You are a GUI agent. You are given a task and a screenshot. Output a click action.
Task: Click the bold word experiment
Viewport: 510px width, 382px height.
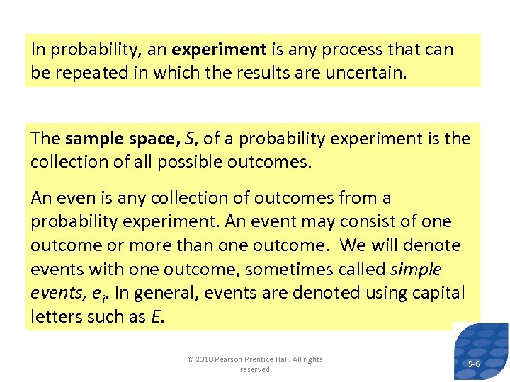coord(219,50)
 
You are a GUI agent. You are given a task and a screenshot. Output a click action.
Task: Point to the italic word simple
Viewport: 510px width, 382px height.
coord(416,270)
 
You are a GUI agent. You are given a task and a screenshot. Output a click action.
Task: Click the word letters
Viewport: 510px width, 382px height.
coord(56,318)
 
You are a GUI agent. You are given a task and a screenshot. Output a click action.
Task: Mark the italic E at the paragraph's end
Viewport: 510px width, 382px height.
coord(157,318)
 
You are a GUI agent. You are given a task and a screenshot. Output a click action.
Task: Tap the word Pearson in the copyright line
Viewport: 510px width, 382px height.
coord(229,360)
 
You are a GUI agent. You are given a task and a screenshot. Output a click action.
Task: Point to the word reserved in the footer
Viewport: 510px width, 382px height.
coord(255,369)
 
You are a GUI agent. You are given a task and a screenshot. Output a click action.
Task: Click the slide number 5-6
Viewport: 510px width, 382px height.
coord(475,364)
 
